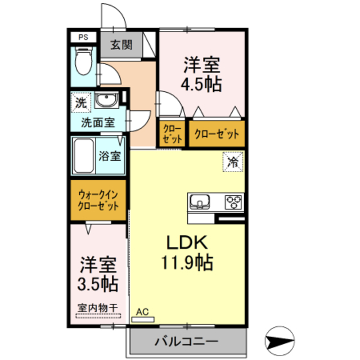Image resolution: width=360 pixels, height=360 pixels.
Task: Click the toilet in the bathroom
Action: (x=84, y=64)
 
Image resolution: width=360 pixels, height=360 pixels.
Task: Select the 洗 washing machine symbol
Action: (x=82, y=102)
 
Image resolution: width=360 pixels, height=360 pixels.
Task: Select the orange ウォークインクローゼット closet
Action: (x=98, y=200)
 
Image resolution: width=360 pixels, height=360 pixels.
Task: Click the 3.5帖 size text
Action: (x=98, y=283)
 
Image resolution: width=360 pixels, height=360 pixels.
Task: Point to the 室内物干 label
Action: (x=97, y=308)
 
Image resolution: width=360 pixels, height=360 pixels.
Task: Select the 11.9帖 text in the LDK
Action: (x=188, y=262)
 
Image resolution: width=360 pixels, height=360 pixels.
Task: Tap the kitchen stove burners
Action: (x=233, y=201)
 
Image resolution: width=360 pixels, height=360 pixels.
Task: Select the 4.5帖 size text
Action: (x=200, y=85)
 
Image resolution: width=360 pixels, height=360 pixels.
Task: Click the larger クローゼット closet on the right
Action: (x=217, y=134)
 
